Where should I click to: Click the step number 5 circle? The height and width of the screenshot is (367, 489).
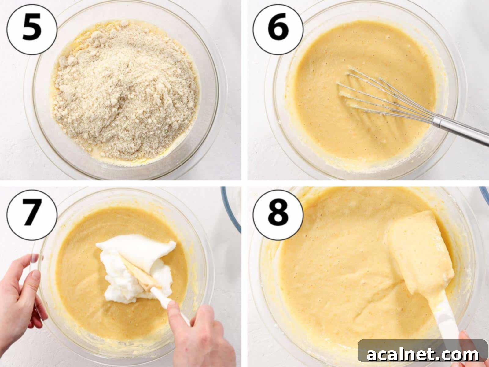pos(32,29)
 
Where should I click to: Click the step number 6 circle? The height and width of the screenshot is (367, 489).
pos(278,29)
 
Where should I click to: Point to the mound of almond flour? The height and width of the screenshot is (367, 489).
pos(125,89)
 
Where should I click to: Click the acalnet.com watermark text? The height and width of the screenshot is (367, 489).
pos(423,355)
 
